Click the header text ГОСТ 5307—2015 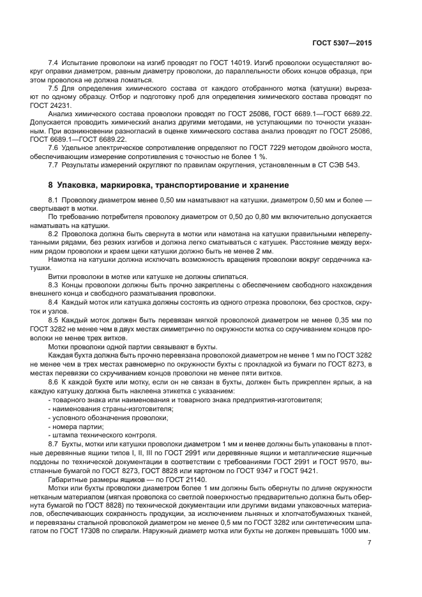coord(342,43)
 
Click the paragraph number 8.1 coord(55,201)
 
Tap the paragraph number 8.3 coord(55,285)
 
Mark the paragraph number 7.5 coord(55,87)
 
